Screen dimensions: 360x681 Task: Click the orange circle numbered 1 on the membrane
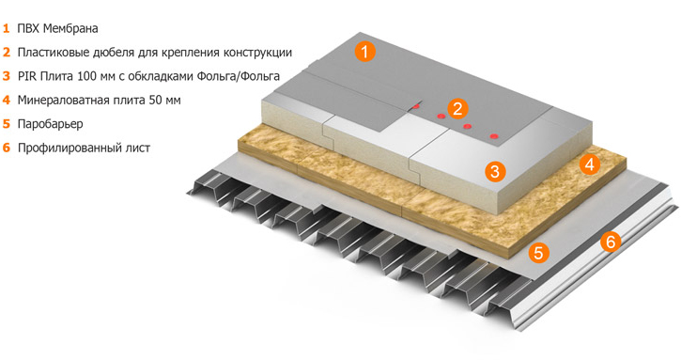(365, 51)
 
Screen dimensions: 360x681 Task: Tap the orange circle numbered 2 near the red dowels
(457, 108)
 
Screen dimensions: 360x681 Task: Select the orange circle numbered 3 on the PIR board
(497, 170)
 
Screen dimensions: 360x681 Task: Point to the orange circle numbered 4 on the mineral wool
(590, 164)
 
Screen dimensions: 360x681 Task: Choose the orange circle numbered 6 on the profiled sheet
(610, 243)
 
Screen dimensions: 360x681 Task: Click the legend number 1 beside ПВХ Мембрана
(7, 28)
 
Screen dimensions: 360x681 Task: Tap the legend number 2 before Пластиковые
(7, 53)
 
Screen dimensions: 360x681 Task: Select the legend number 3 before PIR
(7, 76)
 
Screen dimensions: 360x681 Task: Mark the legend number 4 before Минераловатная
(7, 100)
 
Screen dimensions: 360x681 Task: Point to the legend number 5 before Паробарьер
(7, 123)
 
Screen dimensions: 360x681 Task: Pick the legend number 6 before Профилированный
(7, 148)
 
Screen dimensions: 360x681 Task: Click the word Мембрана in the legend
(74, 28)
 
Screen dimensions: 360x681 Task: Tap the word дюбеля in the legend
(124, 53)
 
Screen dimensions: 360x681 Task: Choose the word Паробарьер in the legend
(50, 123)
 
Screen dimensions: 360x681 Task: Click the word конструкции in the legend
(256, 53)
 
